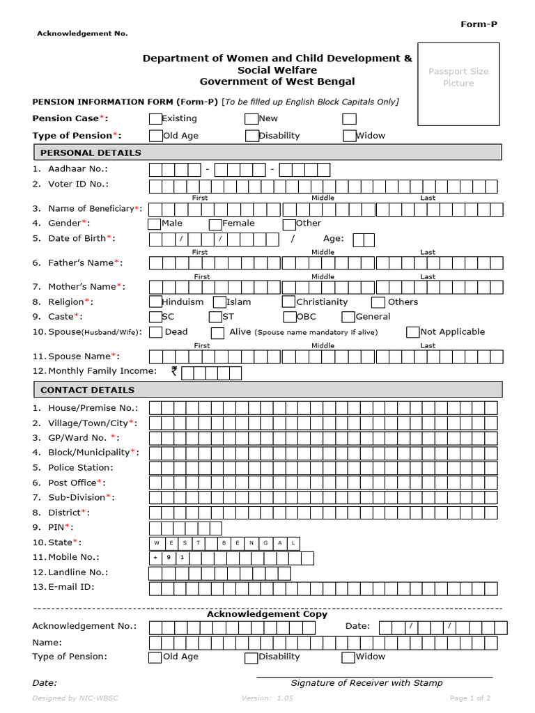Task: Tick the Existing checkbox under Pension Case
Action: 155,119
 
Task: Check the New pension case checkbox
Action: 251,119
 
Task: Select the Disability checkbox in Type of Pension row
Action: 251,136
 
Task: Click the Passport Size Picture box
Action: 458,84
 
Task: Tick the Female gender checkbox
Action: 215,224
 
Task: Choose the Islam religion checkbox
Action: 219,302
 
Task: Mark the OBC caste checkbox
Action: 289,318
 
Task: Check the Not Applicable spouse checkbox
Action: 413,332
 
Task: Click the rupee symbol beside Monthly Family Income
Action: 174,372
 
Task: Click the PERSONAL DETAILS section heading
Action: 91,152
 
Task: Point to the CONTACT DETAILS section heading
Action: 88,390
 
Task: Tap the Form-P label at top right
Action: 479,24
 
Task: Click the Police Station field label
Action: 80,467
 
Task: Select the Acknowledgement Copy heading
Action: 267,614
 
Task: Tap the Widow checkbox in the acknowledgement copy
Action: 348,657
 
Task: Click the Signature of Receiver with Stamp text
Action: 366,683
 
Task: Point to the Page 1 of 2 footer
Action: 470,698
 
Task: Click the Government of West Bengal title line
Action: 277,81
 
